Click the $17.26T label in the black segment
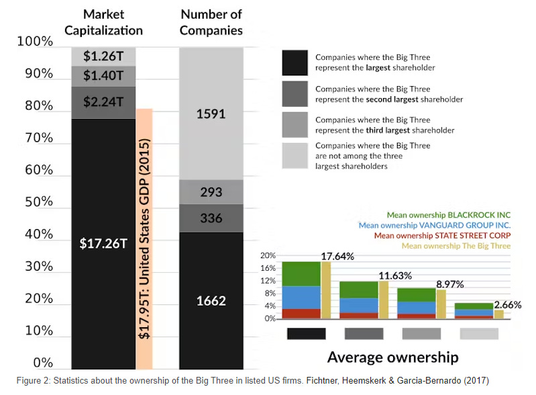click(x=103, y=243)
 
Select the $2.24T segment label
click(x=103, y=101)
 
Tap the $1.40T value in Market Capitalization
click(x=103, y=76)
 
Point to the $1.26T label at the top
click(x=103, y=56)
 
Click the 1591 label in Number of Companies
click(x=211, y=114)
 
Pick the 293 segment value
click(x=211, y=192)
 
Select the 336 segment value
click(x=211, y=218)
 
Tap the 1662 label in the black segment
click(x=211, y=300)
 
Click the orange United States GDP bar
click(x=144, y=238)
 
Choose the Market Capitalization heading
click(x=112, y=21)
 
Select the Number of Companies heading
click(x=211, y=21)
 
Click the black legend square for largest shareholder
click(x=294, y=63)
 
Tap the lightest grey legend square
click(x=294, y=156)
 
